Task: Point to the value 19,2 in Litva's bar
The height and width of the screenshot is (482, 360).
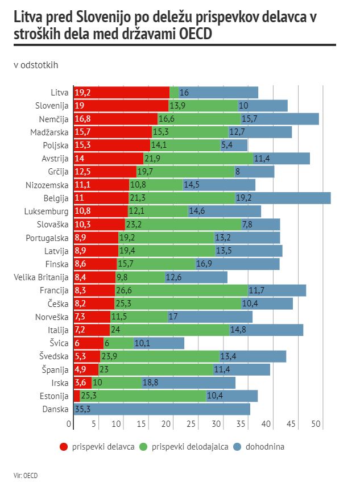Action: pos(83,93)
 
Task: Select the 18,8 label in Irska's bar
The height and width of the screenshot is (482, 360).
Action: pos(151,383)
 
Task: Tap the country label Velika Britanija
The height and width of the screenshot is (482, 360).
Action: pos(41,277)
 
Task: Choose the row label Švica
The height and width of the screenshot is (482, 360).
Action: pos(59,343)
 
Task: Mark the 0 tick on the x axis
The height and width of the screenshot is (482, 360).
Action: pos(69,424)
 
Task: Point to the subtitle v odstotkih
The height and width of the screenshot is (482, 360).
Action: pos(36,65)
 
